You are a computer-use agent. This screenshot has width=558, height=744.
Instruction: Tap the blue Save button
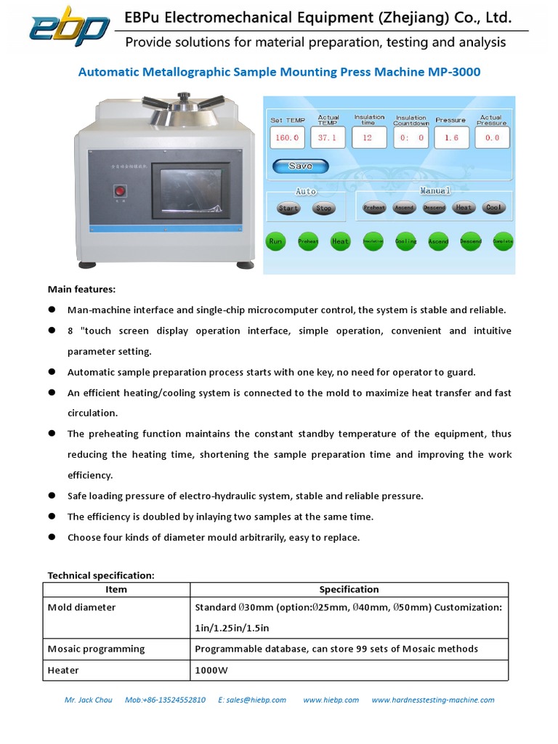click(x=300, y=166)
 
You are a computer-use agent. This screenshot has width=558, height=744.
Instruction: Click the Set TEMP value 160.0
click(x=286, y=137)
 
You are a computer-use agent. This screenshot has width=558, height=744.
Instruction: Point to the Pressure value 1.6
click(x=451, y=137)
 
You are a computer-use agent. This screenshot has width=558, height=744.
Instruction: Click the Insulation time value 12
click(x=368, y=137)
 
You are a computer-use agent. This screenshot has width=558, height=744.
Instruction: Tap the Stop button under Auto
click(x=324, y=209)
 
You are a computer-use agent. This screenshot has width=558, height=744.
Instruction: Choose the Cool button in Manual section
click(x=493, y=208)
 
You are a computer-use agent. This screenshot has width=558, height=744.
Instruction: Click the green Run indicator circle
click(x=276, y=241)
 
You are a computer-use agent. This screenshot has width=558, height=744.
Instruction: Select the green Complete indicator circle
click(x=503, y=241)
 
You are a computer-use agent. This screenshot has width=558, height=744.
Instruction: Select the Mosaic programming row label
click(x=97, y=649)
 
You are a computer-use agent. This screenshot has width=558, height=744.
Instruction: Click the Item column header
click(x=116, y=589)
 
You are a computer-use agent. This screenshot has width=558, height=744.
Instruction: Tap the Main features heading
click(x=81, y=289)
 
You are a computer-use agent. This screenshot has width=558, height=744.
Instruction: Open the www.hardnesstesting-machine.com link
click(x=432, y=700)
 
